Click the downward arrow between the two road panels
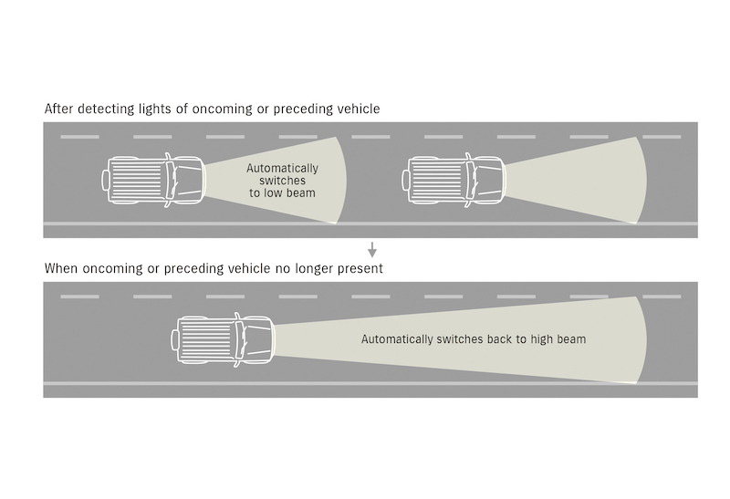click(371, 248)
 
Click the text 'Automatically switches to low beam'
click(283, 181)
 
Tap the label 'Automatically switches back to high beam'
click(473, 339)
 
